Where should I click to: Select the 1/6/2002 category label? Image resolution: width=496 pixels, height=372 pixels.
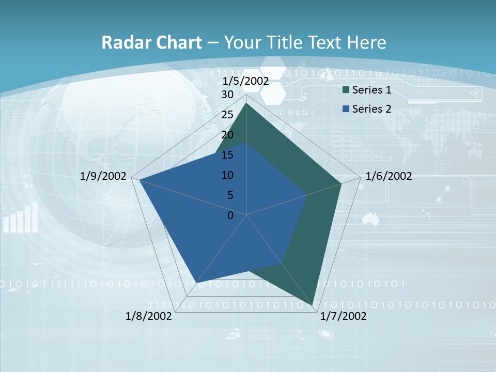(389, 176)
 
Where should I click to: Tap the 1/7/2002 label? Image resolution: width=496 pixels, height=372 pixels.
(343, 316)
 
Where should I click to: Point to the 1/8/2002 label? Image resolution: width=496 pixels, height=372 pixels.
(149, 316)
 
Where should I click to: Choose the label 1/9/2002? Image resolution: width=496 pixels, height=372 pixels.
(103, 176)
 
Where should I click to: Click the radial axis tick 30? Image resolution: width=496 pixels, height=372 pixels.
(227, 95)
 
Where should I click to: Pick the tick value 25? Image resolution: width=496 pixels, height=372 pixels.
(227, 115)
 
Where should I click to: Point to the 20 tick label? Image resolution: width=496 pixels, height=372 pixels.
(227, 135)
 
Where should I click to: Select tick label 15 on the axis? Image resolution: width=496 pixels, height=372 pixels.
(227, 155)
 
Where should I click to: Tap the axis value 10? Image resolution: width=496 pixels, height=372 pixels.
(227, 175)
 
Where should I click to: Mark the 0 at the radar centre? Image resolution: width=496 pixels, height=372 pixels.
(230, 215)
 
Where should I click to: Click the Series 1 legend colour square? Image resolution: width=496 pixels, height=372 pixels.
(346, 90)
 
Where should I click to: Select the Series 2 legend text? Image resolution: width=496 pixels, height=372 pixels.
(371, 109)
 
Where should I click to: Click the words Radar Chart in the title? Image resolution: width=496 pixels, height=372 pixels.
(151, 42)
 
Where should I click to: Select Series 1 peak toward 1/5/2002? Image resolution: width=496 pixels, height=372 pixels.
(246, 103)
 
